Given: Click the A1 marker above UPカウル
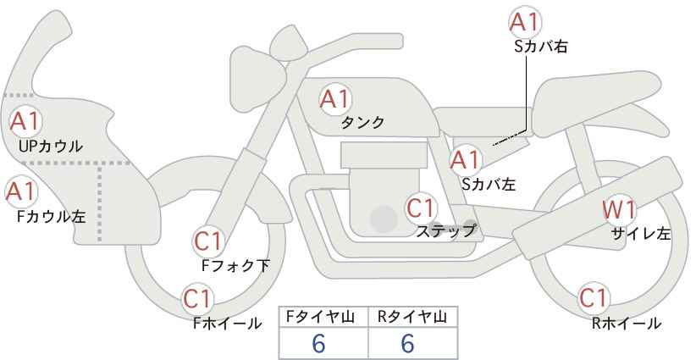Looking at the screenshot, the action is (x=25, y=121).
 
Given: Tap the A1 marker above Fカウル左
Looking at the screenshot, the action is (x=21, y=191).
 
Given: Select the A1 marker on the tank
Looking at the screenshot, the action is (x=335, y=99).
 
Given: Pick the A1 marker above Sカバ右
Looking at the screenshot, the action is (x=525, y=22).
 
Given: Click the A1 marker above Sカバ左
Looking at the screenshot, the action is (x=465, y=160).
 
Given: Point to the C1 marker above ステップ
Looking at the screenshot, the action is (x=421, y=208).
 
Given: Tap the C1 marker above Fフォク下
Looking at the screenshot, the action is (x=208, y=242).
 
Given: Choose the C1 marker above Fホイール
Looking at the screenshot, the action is (x=198, y=299).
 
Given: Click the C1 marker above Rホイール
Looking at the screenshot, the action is (x=594, y=298).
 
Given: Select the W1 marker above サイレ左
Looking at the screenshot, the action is (x=619, y=210).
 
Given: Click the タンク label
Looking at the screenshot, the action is (x=362, y=122).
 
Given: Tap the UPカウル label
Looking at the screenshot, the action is (x=51, y=146).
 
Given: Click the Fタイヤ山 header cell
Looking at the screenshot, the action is (x=323, y=318).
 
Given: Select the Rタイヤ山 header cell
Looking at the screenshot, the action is (x=413, y=318).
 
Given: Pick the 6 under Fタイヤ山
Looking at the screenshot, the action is (x=318, y=343).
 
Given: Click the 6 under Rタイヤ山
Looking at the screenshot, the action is (x=407, y=343).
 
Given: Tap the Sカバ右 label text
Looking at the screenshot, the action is (x=541, y=47).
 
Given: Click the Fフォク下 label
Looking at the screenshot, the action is (x=235, y=265).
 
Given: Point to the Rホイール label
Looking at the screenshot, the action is (x=627, y=324).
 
